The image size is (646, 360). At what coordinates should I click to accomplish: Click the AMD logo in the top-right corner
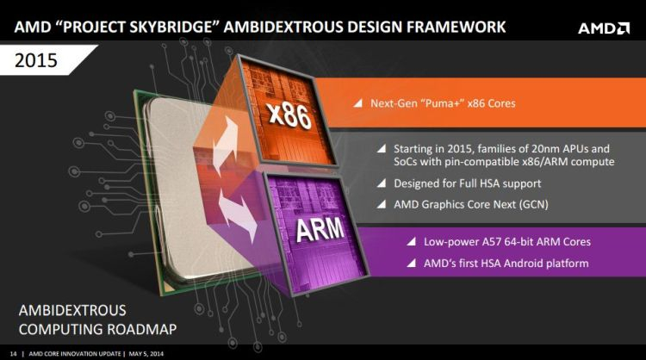(x=603, y=27)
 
